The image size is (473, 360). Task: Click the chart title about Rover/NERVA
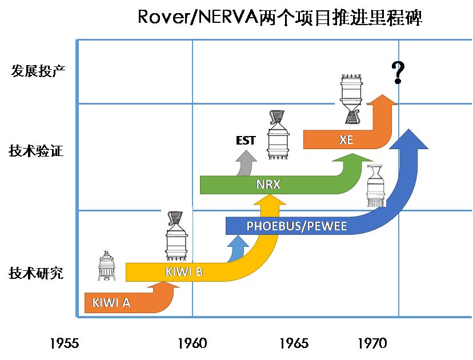280,18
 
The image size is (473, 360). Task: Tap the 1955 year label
64,343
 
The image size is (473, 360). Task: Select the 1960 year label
192,343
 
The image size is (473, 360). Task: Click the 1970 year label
372,343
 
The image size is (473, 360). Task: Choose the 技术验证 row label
35,151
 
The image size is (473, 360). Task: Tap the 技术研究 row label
35,273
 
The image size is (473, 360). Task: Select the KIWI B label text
184,272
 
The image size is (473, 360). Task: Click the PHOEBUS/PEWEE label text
296,226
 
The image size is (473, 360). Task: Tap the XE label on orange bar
346,139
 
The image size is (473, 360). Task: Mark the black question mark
398,73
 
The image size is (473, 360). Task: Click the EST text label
246,141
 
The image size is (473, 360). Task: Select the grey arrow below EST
247,165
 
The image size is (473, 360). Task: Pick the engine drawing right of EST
277,135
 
